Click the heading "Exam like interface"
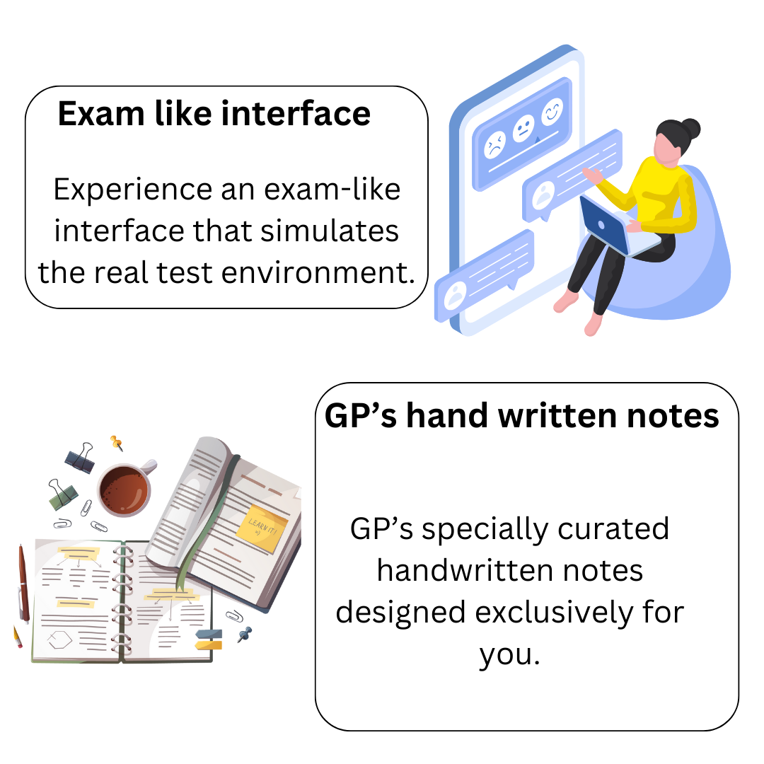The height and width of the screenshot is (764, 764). pyautogui.click(x=214, y=113)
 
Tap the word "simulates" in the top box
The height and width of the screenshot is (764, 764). pyautogui.click(x=330, y=231)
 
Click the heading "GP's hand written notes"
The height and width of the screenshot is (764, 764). pyautogui.click(x=521, y=416)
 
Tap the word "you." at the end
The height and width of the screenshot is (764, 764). pyautogui.click(x=509, y=655)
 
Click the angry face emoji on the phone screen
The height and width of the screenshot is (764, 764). pyautogui.click(x=495, y=145)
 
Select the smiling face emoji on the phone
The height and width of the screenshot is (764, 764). pyautogui.click(x=552, y=111)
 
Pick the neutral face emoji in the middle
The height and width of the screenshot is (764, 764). pyautogui.click(x=523, y=128)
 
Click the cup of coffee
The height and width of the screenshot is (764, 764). pyautogui.click(x=126, y=490)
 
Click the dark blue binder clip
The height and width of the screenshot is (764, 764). pyautogui.click(x=81, y=458)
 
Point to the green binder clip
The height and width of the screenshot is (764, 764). pyautogui.click(x=62, y=494)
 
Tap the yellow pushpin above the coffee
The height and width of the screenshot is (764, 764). pyautogui.click(x=117, y=443)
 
